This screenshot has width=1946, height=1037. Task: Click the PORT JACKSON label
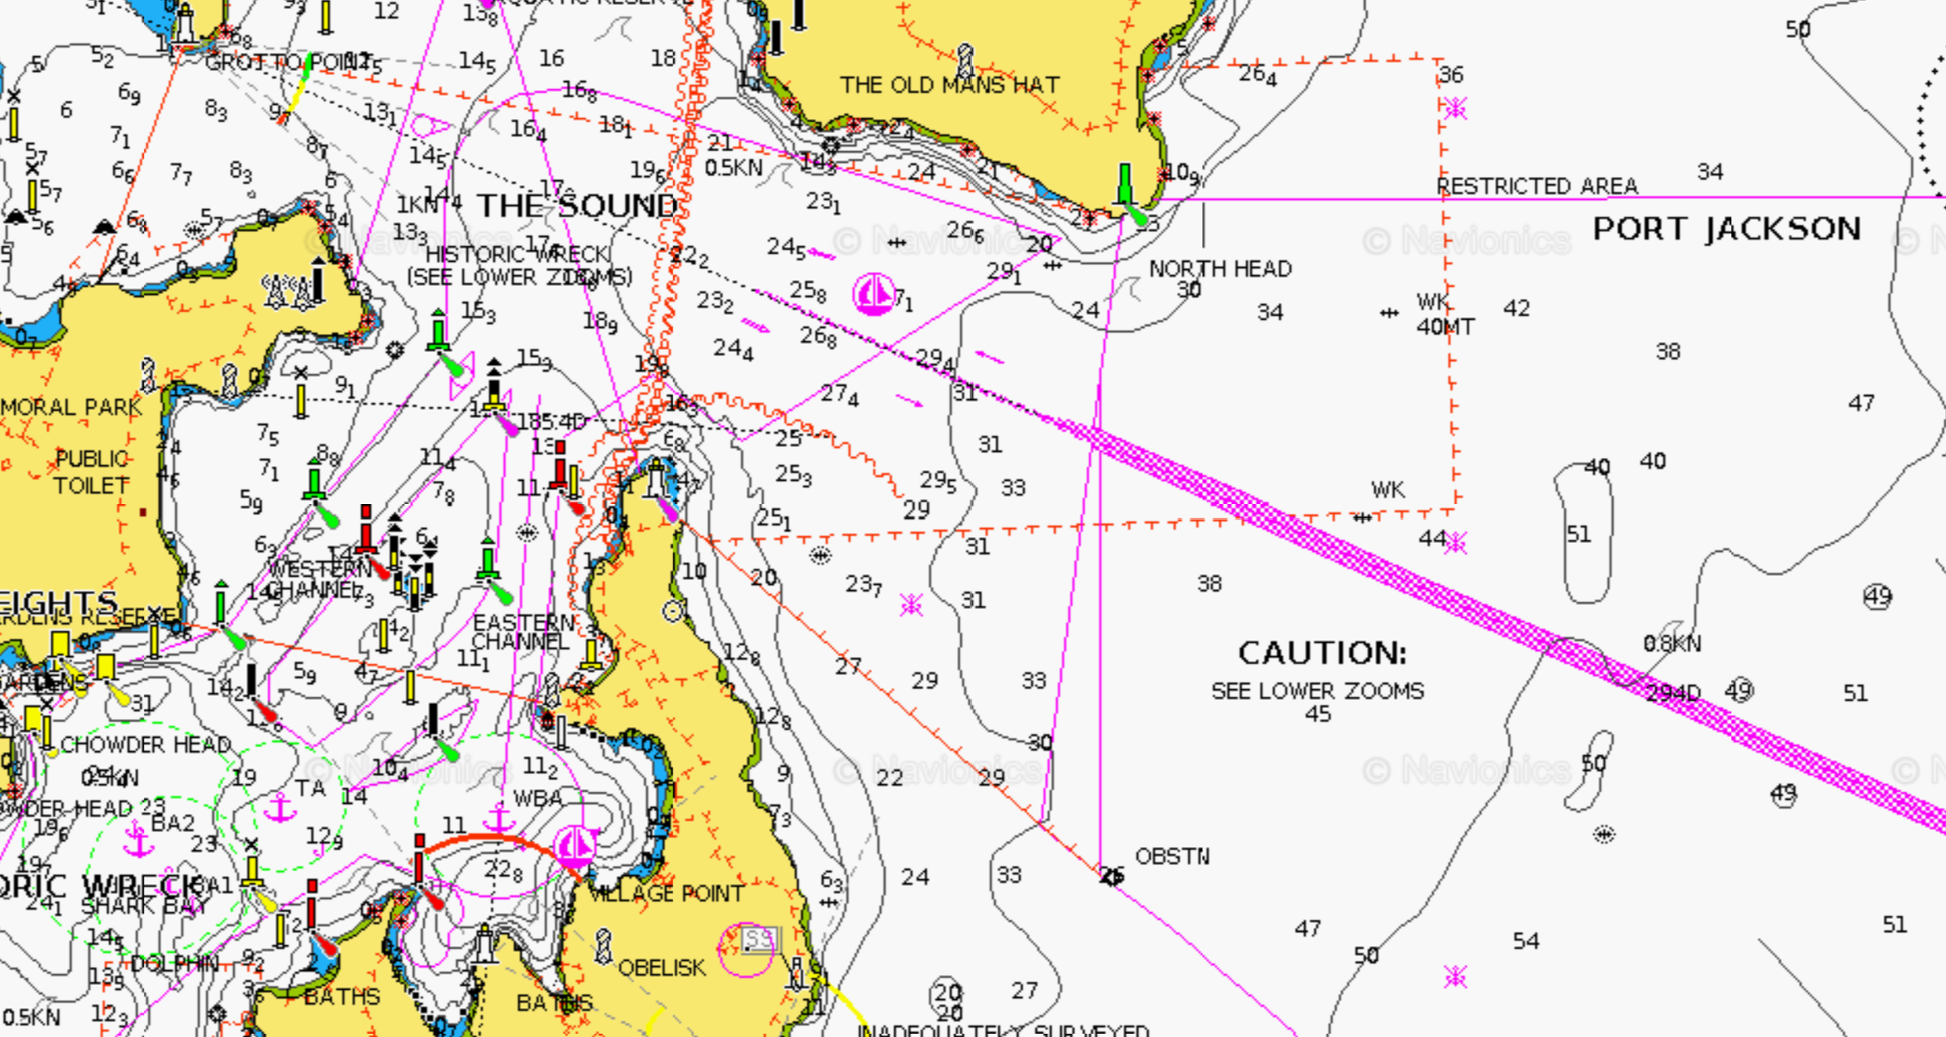click(1726, 229)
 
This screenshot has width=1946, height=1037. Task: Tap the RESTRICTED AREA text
click(1537, 186)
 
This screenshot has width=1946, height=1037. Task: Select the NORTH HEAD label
click(1220, 269)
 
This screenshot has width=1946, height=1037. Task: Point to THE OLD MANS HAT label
click(949, 85)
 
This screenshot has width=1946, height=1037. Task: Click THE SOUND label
click(578, 206)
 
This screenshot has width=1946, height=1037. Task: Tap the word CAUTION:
click(1322, 654)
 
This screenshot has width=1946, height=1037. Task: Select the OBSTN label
click(1172, 856)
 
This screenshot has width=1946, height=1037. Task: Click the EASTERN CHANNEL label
click(522, 632)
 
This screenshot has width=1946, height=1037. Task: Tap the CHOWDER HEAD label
click(145, 744)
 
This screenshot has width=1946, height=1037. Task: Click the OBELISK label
click(661, 968)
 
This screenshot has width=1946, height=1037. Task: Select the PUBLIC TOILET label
click(92, 472)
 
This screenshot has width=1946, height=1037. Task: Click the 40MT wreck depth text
click(1444, 327)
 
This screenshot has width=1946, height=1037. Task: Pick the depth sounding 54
click(1525, 941)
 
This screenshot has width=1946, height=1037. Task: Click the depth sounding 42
click(1516, 308)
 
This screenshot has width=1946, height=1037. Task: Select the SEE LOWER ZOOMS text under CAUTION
click(1317, 691)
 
